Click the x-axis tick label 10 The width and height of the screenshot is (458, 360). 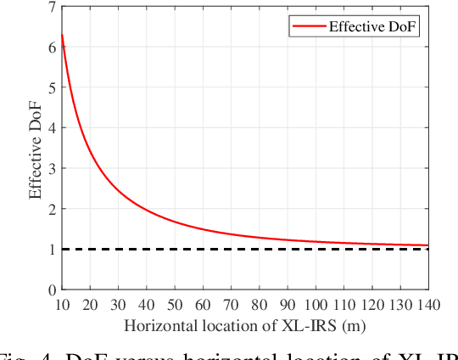(62, 303)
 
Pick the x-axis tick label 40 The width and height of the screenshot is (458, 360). (147, 303)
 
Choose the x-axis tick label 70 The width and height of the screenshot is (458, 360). (232, 303)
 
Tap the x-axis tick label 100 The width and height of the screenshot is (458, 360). (316, 303)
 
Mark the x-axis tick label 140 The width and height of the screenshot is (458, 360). (429, 303)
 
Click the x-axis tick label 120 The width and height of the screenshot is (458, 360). (373, 303)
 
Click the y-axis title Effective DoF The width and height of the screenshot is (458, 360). (36, 148)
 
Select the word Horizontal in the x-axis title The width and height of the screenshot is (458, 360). (158, 324)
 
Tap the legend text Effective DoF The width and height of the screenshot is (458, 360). (375, 27)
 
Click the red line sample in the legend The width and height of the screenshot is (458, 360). (307, 27)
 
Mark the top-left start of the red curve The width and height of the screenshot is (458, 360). (62, 35)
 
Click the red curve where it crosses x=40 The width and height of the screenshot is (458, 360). (147, 210)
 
